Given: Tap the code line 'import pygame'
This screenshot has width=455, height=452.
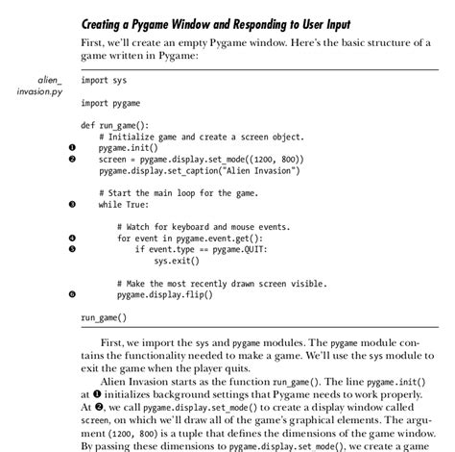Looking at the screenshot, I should (110, 102).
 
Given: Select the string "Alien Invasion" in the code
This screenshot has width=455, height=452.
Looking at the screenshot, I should (257, 170).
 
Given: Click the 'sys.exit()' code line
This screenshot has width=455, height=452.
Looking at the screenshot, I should (177, 260).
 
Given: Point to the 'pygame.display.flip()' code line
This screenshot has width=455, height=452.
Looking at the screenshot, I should (165, 294).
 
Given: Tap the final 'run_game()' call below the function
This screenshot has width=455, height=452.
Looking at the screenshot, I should (104, 316).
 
